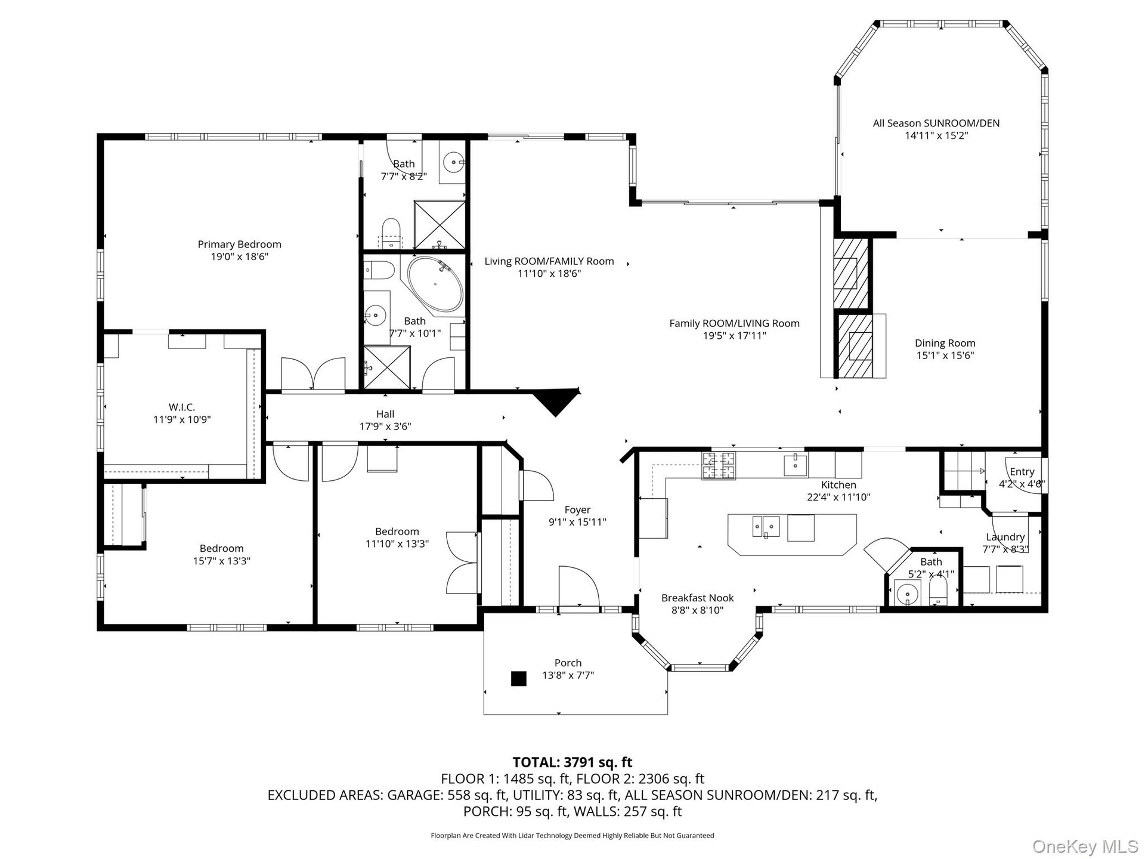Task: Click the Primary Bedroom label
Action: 239,244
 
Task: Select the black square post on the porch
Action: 519,679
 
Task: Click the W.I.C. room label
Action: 182,407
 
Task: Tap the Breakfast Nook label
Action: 698,598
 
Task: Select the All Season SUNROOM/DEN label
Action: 936,123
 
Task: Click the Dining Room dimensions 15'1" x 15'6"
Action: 945,356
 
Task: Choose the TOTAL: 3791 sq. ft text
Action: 572,762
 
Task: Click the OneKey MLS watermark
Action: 1085,846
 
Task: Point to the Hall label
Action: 385,414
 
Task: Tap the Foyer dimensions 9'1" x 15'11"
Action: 577,523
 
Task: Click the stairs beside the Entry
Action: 962,471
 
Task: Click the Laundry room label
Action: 1005,537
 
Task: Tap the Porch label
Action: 568,663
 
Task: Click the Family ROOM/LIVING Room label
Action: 734,323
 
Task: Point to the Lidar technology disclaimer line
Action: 572,836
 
